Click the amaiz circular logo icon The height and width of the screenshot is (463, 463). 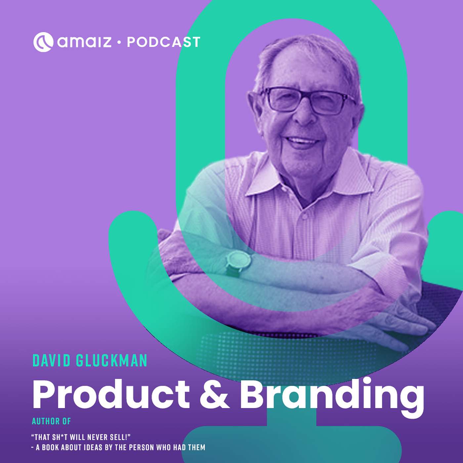[43, 42]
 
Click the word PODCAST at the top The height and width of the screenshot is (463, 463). [164, 42]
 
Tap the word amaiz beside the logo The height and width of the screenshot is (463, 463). [84, 42]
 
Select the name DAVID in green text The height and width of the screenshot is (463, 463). [52, 360]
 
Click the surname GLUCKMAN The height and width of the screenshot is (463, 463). [112, 360]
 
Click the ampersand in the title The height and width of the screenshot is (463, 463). [214, 395]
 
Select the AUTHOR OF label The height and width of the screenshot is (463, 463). [52, 421]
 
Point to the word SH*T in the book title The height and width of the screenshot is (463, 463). [59, 437]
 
